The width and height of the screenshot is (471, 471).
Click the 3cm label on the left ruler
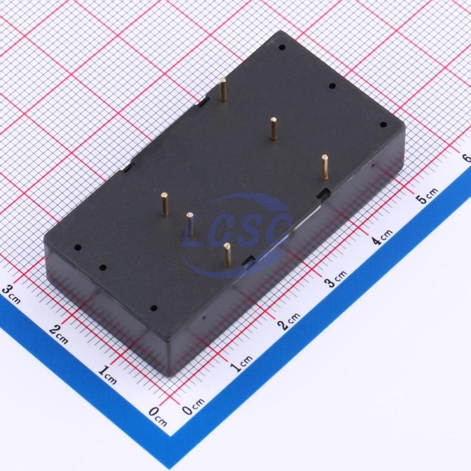tap(11, 294)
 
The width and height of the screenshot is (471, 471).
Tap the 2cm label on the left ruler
tap(59, 334)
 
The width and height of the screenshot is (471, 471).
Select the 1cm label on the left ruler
tap(107, 375)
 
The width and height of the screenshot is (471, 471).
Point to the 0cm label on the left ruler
tap(158, 417)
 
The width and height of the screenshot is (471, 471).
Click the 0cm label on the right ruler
tap(194, 406)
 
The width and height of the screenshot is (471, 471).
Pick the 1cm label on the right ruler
tap(241, 364)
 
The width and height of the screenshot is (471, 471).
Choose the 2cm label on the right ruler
tap(289, 321)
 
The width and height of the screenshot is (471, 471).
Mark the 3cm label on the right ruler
tap(336, 278)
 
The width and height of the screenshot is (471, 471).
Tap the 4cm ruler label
tap(382, 237)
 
